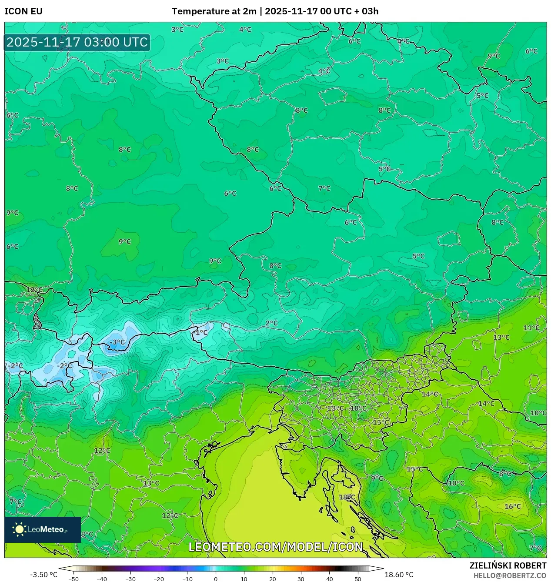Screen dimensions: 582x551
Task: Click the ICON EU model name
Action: (23, 11)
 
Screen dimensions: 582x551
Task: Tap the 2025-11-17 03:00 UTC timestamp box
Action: (77, 42)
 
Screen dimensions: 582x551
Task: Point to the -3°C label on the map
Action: (117, 342)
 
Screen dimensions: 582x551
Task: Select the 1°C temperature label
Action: (201, 333)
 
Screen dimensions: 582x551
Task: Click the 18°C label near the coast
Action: (347, 497)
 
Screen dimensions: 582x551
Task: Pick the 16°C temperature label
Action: (512, 506)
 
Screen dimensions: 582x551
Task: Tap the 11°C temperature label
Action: (531, 328)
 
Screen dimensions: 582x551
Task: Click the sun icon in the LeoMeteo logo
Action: (19, 529)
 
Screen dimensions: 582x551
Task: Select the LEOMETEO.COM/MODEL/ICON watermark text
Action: (276, 547)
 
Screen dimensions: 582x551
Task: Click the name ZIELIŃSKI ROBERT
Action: (508, 565)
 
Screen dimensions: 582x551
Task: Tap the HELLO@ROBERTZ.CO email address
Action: (510, 575)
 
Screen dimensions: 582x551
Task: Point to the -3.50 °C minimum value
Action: (43, 575)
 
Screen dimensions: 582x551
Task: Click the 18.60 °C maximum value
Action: (399, 575)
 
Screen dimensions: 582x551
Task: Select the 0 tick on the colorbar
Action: (216, 579)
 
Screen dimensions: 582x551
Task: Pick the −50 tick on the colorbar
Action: (73, 579)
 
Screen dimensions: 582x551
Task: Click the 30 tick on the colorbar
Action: (301, 579)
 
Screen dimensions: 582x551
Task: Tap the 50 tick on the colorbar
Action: (358, 579)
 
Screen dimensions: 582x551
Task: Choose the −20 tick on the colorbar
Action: (159, 579)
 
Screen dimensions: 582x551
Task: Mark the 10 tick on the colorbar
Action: (244, 579)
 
